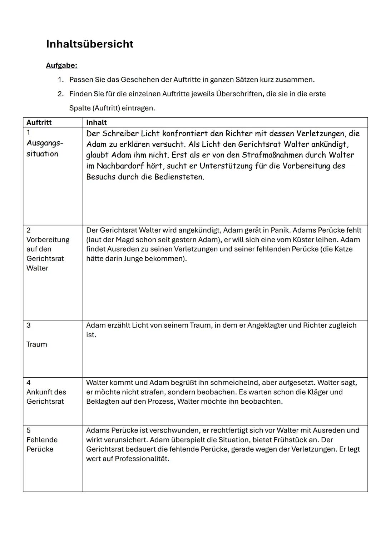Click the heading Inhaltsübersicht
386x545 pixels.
pyautogui.click(x=90, y=44)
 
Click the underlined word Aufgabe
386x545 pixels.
pyautogui.click(x=61, y=66)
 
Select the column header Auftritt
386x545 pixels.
pyautogui.click(x=39, y=122)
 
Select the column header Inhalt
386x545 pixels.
pyautogui.click(x=96, y=122)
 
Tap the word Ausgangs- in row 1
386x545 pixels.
pyautogui.click(x=45, y=143)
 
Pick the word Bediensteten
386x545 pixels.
pyautogui.click(x=179, y=177)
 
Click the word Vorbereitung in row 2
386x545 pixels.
pyautogui.click(x=48, y=240)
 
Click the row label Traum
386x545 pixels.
pyautogui.click(x=37, y=344)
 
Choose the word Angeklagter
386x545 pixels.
pyautogui.click(x=269, y=326)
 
